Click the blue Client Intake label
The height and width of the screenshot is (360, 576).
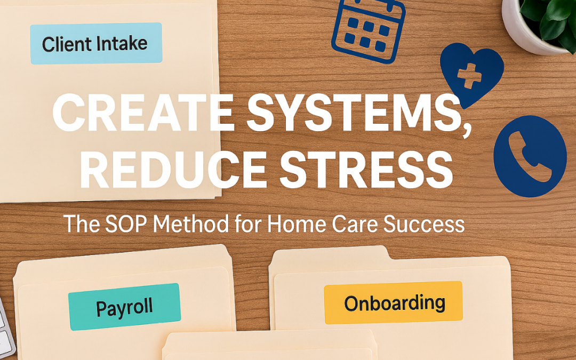pos(96,43)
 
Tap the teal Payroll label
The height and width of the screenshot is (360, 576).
pos(124,307)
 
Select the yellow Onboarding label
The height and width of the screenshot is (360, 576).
pos(394,303)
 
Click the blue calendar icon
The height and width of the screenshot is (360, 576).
pos(369,29)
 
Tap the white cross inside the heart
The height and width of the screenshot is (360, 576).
pos(469,76)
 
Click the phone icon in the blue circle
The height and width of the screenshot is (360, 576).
pos(530,156)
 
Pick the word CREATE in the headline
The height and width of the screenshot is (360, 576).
pos(143,112)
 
